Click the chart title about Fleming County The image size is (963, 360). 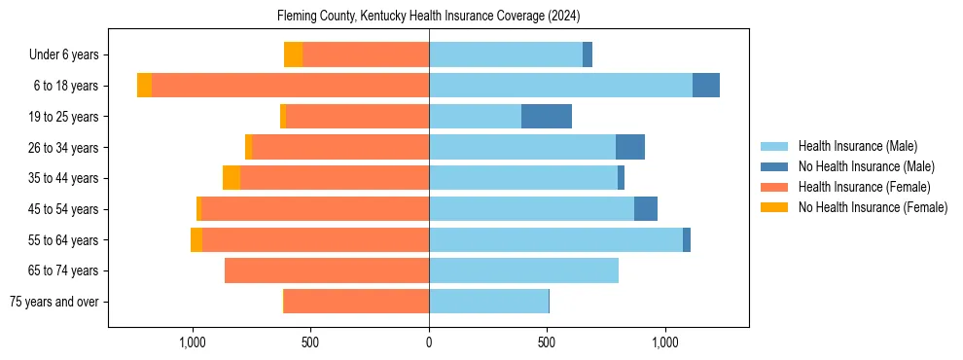point(428,17)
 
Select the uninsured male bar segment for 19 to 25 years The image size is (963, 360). point(547,117)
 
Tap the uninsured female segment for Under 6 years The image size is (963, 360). point(293,54)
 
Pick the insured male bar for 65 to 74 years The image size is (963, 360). point(523,270)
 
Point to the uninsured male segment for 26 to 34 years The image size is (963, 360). point(630,147)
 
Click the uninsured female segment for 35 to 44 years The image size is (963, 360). point(232,178)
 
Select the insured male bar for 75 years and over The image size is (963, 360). point(488,302)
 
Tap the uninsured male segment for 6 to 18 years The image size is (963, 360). point(706,86)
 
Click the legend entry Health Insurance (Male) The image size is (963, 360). point(857,146)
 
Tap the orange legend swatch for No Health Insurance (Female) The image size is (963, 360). point(775,207)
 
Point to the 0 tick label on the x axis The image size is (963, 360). point(429,342)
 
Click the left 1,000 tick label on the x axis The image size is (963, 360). point(193,342)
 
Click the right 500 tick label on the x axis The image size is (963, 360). point(547,342)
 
